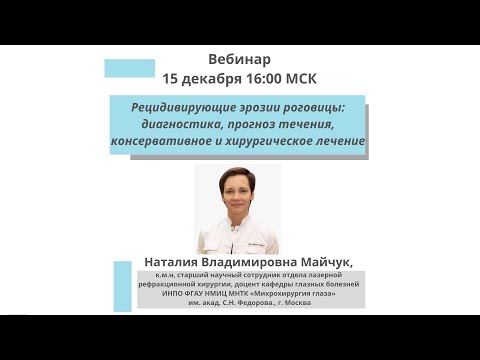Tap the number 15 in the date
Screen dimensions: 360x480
[x=171, y=78]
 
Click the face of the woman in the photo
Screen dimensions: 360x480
[x=237, y=196]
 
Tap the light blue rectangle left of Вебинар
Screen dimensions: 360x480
[x=129, y=68]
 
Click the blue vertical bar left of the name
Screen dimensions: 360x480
[x=123, y=285]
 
